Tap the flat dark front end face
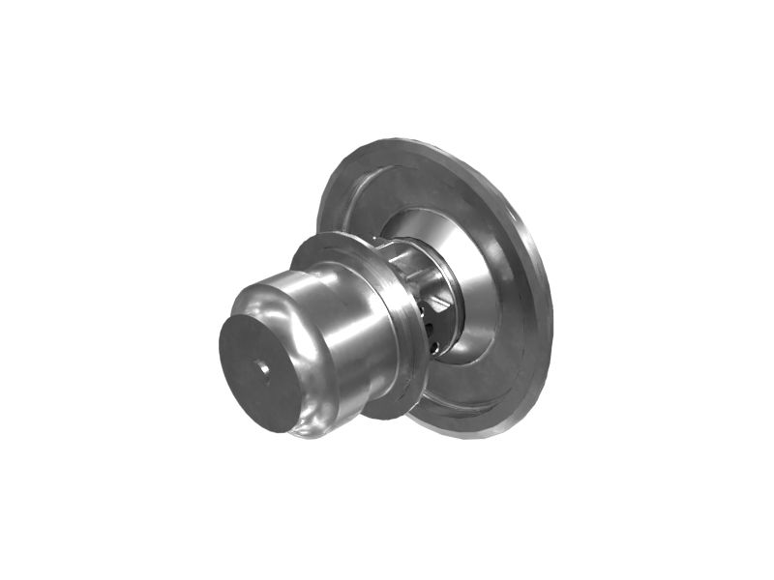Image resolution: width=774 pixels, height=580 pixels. [250, 387]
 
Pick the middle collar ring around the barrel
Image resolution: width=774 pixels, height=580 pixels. [392, 329]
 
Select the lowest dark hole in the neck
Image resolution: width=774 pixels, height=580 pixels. [434, 347]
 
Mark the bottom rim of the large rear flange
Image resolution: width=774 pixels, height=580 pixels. [474, 430]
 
